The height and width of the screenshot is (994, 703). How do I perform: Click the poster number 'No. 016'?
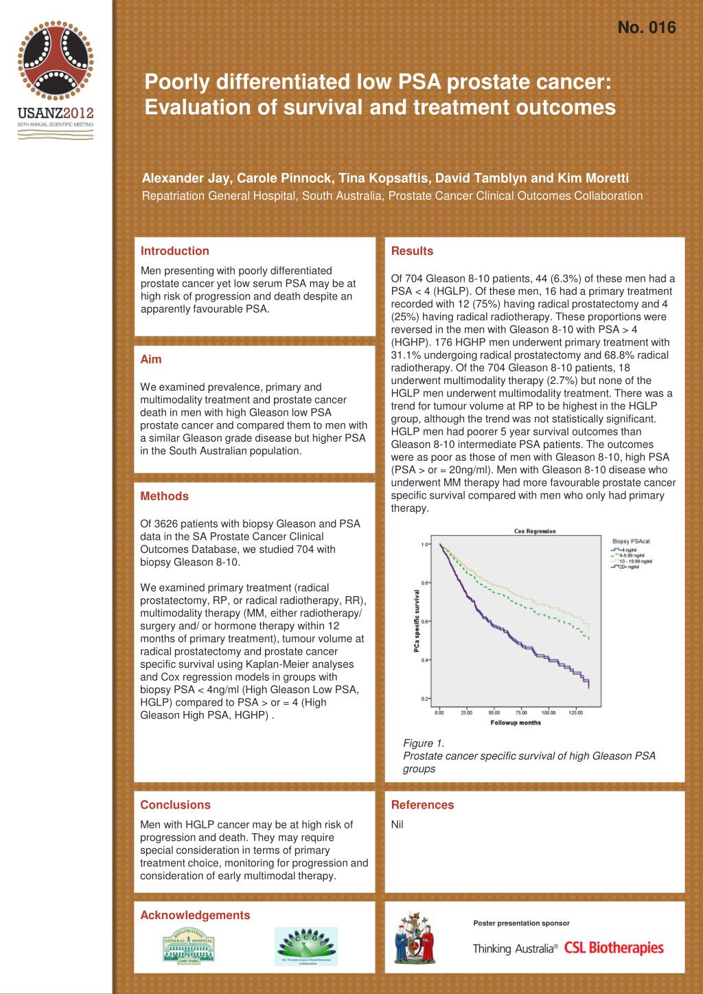[x=647, y=27]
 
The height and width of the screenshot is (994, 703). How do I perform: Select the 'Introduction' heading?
[x=174, y=251]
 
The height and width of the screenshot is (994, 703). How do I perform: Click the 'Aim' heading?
[x=151, y=359]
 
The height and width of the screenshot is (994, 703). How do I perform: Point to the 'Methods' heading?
[x=164, y=496]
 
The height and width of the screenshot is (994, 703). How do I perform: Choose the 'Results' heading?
[x=412, y=251]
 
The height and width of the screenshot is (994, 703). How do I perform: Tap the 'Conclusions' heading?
[x=175, y=804]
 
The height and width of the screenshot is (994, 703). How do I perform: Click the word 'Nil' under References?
[x=397, y=824]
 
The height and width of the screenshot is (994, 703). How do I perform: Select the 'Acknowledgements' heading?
[x=195, y=915]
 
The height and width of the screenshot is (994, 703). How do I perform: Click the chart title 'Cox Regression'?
[x=535, y=531]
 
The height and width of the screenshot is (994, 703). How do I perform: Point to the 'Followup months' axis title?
[x=516, y=723]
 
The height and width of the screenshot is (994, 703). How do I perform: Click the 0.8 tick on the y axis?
[x=425, y=583]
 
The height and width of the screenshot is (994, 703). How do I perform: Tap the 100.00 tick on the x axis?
[x=549, y=713]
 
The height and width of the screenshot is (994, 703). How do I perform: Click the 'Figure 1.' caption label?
[x=423, y=743]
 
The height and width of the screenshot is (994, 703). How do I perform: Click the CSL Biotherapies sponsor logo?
[x=614, y=949]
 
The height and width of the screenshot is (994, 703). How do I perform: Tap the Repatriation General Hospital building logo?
[x=188, y=944]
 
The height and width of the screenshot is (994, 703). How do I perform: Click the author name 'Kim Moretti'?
[x=592, y=179]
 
